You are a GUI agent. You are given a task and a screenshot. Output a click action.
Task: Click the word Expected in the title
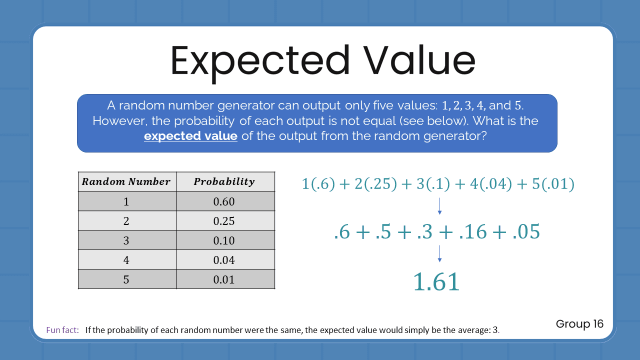[260, 61]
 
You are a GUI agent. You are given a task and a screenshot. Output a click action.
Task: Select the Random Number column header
[126, 181]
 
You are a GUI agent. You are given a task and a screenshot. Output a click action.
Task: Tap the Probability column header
[224, 181]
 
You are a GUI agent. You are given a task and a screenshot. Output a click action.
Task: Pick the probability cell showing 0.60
[224, 201]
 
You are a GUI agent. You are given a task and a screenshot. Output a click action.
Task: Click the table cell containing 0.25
[224, 221]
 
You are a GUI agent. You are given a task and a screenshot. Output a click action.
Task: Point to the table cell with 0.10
[224, 240]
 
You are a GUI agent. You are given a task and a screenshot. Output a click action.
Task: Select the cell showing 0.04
[224, 260]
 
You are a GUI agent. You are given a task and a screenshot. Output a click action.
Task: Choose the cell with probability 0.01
[224, 279]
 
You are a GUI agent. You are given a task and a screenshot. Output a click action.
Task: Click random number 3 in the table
[126, 240]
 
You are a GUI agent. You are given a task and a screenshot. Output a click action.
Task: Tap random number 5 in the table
[126, 279]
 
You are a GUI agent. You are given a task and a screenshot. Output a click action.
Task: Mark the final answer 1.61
[436, 282]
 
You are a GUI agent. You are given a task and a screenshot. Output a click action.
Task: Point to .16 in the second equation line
[474, 231]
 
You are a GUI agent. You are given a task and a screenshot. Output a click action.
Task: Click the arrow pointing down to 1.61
[439, 253]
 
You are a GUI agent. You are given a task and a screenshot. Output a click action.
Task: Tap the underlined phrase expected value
[190, 136]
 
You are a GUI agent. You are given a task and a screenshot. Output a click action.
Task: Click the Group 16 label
[579, 324]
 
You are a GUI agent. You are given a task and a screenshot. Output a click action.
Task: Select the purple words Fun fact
[62, 330]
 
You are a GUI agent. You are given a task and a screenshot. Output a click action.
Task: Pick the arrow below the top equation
[439, 206]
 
